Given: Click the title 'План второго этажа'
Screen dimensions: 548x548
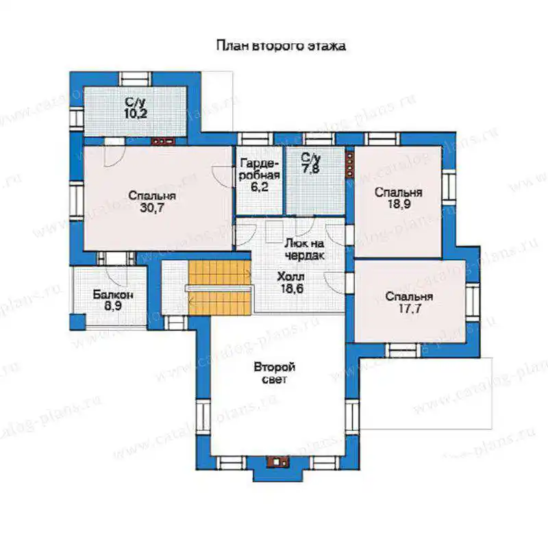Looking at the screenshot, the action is click(x=281, y=46).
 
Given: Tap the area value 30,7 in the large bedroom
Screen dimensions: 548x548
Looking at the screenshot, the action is click(x=151, y=208).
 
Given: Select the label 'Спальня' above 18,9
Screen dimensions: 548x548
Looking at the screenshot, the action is click(x=399, y=192).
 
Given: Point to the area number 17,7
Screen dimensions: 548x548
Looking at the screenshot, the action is click(x=410, y=309).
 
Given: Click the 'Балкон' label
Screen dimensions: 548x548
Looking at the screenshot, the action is click(x=113, y=295).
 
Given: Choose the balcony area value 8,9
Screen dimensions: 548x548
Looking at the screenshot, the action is click(x=113, y=306).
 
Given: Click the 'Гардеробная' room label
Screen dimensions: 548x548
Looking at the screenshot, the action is click(x=260, y=169).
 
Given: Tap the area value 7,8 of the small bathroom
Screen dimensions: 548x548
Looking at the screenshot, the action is click(x=311, y=169).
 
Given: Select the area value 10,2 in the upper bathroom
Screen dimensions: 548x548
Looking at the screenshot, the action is click(x=136, y=113).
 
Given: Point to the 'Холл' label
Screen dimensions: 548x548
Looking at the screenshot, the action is click(x=290, y=277).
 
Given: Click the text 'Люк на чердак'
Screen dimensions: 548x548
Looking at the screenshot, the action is click(x=304, y=249).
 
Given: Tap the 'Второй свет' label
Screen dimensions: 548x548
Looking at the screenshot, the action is click(x=275, y=373).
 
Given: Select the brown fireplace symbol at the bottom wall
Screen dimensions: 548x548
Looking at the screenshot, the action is click(x=278, y=462).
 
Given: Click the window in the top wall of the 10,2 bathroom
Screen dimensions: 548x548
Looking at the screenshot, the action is click(x=135, y=79).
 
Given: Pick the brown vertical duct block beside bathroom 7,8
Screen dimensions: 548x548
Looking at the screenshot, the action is click(x=349, y=164).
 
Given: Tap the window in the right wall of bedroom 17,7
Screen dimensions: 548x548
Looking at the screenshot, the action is click(x=473, y=302).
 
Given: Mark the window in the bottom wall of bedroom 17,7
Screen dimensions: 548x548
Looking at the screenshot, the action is click(x=403, y=350).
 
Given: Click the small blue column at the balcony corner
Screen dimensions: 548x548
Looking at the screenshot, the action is click(x=77, y=322).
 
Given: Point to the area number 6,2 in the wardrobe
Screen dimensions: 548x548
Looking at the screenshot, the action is click(x=260, y=186).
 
